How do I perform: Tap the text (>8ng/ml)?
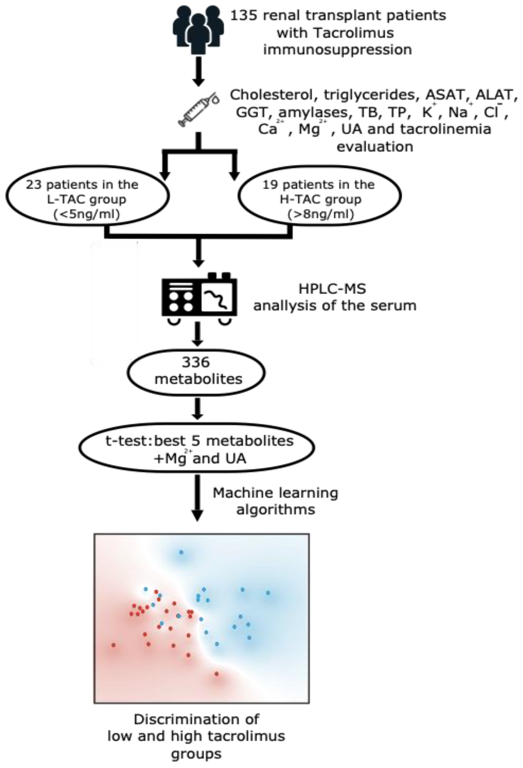click(321, 215)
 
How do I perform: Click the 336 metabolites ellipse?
click(196, 370)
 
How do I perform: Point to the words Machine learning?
click(275, 493)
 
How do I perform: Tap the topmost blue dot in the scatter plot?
click(181, 552)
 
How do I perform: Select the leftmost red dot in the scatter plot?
click(114, 645)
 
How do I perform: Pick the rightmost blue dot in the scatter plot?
click(268, 593)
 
